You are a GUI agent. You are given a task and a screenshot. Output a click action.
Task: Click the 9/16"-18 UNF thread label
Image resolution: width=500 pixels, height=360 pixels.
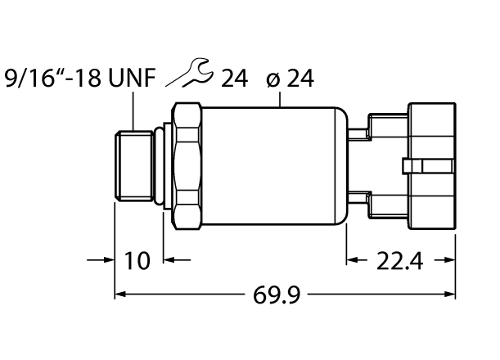click(x=79, y=79)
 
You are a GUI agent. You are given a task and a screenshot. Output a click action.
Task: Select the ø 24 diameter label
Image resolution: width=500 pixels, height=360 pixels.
click(x=291, y=79)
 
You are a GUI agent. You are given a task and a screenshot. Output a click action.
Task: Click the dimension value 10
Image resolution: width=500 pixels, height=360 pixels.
click(x=138, y=261)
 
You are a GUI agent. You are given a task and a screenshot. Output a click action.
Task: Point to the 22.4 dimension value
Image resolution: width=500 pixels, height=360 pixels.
click(x=400, y=261)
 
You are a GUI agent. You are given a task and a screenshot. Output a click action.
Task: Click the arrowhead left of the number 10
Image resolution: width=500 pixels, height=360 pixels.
click(x=108, y=261)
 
